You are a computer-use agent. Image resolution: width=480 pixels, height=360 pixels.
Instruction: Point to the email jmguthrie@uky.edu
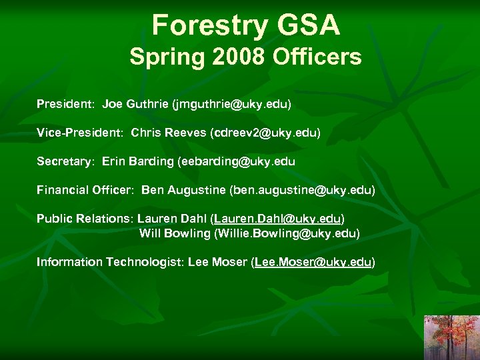pyautogui.click(x=232, y=105)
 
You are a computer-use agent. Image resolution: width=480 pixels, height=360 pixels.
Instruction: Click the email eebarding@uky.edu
pyautogui.click(x=236, y=161)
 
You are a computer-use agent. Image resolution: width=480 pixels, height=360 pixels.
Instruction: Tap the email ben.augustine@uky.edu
pyautogui.click(x=302, y=190)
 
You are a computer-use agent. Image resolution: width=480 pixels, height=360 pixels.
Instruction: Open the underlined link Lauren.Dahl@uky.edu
pyautogui.click(x=277, y=219)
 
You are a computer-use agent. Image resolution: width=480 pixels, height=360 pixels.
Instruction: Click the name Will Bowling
pyautogui.click(x=174, y=233)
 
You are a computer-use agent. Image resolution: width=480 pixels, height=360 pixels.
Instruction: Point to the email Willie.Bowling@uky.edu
pyautogui.click(x=287, y=233)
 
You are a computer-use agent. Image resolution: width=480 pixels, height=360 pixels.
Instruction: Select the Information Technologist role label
pyautogui.click(x=109, y=262)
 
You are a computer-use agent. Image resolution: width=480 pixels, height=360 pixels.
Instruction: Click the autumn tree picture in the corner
pyautogui.click(x=451, y=337)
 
